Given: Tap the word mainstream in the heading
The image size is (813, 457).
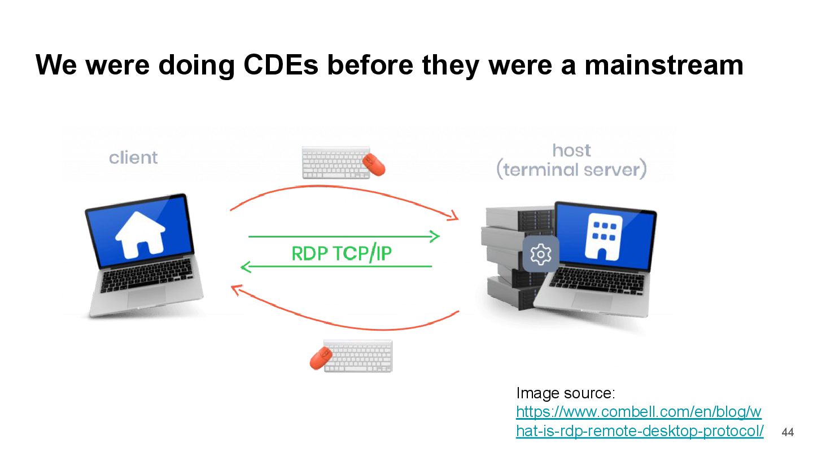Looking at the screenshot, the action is [x=663, y=65].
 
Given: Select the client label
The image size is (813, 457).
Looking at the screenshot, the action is [x=133, y=157].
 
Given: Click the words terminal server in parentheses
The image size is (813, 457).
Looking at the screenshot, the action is [x=571, y=169].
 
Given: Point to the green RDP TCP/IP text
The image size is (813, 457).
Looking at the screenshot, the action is [x=342, y=253].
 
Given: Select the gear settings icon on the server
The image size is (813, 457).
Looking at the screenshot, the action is [x=540, y=254].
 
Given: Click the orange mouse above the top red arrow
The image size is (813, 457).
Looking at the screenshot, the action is [x=373, y=163].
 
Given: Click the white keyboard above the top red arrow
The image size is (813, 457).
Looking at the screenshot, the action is [x=334, y=162].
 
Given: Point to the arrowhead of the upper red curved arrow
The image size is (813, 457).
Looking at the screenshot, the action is [x=452, y=216].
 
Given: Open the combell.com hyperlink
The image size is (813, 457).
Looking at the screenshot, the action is [x=639, y=421].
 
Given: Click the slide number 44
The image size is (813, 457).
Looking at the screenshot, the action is [x=787, y=433].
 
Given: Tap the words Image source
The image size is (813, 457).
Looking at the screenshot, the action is [x=565, y=393].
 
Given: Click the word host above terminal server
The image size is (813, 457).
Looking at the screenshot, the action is [x=571, y=150].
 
